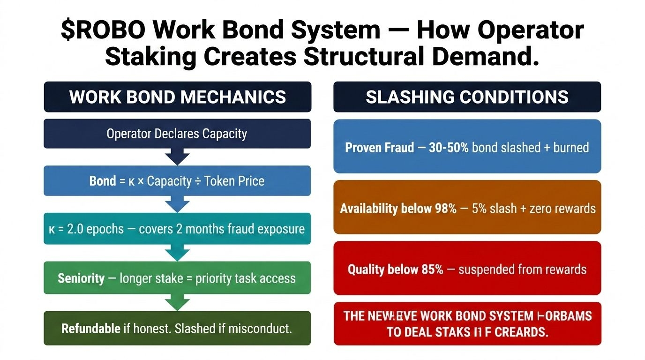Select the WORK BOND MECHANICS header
coord(177,97)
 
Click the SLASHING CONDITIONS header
coord(467,97)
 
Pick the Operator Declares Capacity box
coord(177,134)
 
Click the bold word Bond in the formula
coord(103,181)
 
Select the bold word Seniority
coord(81,278)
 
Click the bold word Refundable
coord(91,328)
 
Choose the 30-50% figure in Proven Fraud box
coord(449,148)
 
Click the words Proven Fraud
coord(380,148)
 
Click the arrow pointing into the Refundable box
coord(177,302)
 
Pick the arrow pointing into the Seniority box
coord(177,253)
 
